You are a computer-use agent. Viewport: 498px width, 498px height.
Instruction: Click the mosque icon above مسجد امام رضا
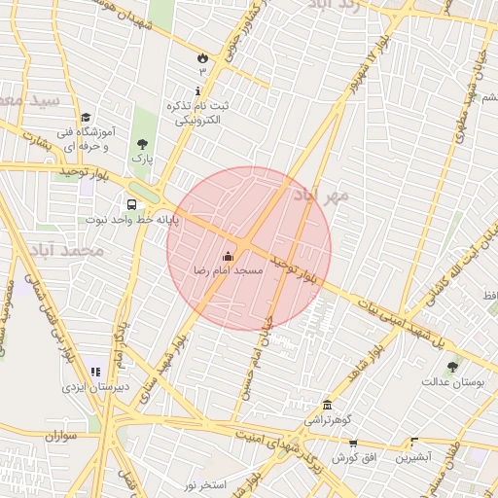click(229, 257)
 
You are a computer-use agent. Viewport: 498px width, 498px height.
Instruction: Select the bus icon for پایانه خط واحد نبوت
click(131, 205)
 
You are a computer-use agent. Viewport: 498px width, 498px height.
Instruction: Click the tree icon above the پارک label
click(143, 144)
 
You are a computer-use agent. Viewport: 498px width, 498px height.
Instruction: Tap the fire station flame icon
click(202, 57)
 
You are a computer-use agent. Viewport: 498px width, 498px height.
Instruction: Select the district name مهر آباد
click(323, 197)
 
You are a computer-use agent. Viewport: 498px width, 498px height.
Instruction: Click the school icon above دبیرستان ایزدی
click(95, 371)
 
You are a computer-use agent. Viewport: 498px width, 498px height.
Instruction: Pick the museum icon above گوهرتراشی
click(327, 406)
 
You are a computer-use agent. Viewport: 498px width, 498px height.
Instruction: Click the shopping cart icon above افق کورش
click(351, 443)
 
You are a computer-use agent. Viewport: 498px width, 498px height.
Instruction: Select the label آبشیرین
click(415, 456)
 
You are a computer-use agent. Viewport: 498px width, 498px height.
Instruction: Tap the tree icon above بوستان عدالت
click(452, 367)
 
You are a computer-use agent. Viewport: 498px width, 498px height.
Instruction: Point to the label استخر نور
click(205, 483)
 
